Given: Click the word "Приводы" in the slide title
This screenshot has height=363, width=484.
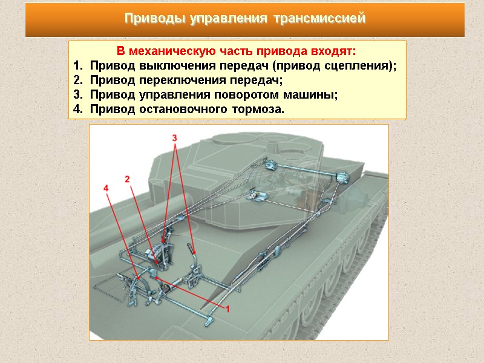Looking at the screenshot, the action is pyautogui.click(x=154, y=19).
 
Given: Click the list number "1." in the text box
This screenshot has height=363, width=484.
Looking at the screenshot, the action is pyautogui.click(x=77, y=66).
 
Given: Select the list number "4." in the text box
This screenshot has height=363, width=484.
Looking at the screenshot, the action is pyautogui.click(x=77, y=110).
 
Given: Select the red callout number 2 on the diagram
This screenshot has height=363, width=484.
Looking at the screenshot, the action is pyautogui.click(x=128, y=179).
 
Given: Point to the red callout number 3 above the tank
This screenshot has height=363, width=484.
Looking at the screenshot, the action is pyautogui.click(x=175, y=138).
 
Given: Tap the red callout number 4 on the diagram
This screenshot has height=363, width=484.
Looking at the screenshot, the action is pyautogui.click(x=106, y=189).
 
